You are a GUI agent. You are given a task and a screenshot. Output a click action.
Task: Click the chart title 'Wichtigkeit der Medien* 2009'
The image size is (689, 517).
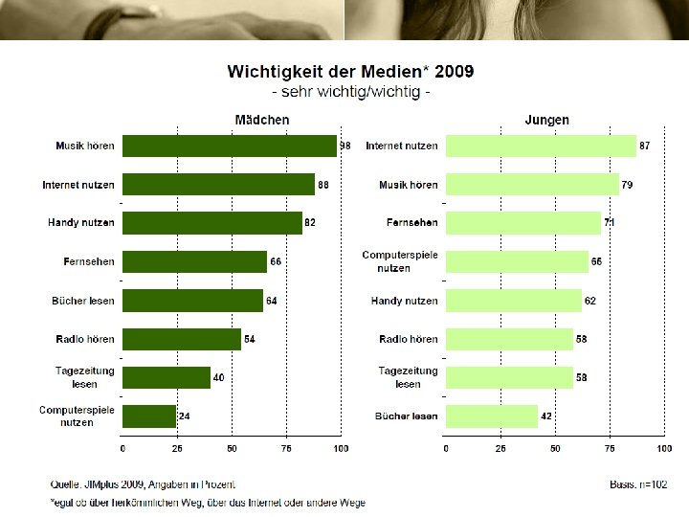click(x=349, y=72)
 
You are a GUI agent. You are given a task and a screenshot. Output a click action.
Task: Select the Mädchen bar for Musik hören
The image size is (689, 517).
click(x=230, y=146)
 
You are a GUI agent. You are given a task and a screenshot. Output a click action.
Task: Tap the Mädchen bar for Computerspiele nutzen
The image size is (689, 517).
click(x=149, y=416)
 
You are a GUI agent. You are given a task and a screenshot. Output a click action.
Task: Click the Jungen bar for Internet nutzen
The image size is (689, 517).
click(x=542, y=146)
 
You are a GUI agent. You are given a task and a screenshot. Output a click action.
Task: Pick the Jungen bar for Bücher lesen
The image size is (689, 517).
click(x=493, y=416)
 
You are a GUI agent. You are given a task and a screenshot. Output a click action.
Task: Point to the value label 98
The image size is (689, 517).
click(x=345, y=146)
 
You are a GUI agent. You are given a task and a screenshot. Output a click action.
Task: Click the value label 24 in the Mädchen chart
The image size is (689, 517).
click(x=185, y=416)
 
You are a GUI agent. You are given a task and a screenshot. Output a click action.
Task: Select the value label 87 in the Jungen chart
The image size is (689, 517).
click(x=645, y=146)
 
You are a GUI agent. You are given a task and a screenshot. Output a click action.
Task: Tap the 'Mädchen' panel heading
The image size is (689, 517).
click(x=262, y=120)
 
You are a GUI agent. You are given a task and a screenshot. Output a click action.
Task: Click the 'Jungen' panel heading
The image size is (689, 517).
click(x=547, y=120)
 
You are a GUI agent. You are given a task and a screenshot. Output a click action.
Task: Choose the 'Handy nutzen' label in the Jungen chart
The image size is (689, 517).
click(x=404, y=301)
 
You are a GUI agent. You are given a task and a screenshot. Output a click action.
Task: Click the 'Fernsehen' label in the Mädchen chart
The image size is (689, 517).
click(x=88, y=261)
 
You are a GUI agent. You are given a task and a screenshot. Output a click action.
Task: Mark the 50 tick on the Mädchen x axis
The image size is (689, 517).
click(x=232, y=448)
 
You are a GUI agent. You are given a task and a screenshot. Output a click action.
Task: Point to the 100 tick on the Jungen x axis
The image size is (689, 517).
click(x=663, y=448)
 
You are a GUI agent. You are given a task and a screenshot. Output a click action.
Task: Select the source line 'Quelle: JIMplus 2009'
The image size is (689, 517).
click(x=143, y=485)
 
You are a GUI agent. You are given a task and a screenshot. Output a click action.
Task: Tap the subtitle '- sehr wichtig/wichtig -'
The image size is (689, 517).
click(x=351, y=93)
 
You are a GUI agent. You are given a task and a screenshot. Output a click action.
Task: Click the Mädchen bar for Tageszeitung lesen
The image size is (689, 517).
click(x=167, y=377)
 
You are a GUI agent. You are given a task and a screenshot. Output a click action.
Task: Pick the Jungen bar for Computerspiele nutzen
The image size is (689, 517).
click(x=518, y=261)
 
